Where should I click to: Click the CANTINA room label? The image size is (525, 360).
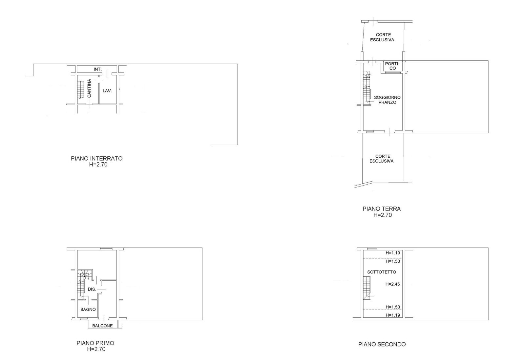pyautogui.click(x=89, y=88)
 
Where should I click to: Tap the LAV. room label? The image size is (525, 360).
pyautogui.click(x=107, y=91)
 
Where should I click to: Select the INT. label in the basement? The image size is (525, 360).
pyautogui.click(x=98, y=69)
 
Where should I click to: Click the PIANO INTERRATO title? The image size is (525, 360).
pyautogui.click(x=97, y=159)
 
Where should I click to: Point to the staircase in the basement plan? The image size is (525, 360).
pyautogui.click(x=80, y=90)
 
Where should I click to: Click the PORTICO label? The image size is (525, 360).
pyautogui.click(x=392, y=66)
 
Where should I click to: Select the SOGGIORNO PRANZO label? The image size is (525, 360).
pyautogui.click(x=387, y=100)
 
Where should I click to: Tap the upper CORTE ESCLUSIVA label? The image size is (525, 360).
pyautogui.click(x=382, y=37)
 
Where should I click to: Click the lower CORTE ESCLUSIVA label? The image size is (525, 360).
pyautogui.click(x=381, y=159)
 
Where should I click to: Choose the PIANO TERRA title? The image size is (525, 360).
pyautogui.click(x=382, y=209)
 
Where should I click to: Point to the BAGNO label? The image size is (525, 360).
pyautogui.click(x=88, y=310)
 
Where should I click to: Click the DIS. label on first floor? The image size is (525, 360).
pyautogui.click(x=92, y=289)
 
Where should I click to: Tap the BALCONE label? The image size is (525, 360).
pyautogui.click(x=102, y=326)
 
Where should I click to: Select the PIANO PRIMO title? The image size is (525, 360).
pyautogui.click(x=95, y=343)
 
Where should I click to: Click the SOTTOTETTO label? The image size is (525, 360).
pyautogui.click(x=382, y=272)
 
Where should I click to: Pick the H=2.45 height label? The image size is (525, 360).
pyautogui.click(x=392, y=284)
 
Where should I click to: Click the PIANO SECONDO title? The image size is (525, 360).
pyautogui.click(x=382, y=344)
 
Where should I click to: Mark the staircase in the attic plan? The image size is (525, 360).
pyautogui.click(x=367, y=288)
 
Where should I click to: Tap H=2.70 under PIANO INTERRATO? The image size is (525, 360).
pyautogui.click(x=98, y=165)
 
